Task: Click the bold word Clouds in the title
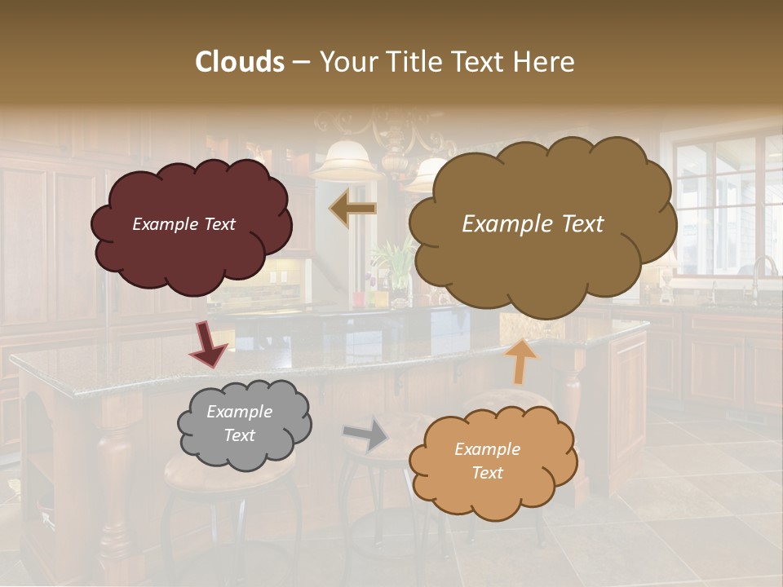click(x=240, y=62)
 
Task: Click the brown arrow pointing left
click(x=353, y=210)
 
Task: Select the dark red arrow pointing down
click(x=209, y=344)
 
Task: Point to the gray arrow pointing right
click(x=366, y=433)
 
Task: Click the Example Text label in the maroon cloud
click(x=184, y=224)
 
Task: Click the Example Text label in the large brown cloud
click(x=533, y=224)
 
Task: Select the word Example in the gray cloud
click(x=239, y=412)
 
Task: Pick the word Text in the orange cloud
click(x=487, y=473)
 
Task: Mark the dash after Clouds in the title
click(x=301, y=62)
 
